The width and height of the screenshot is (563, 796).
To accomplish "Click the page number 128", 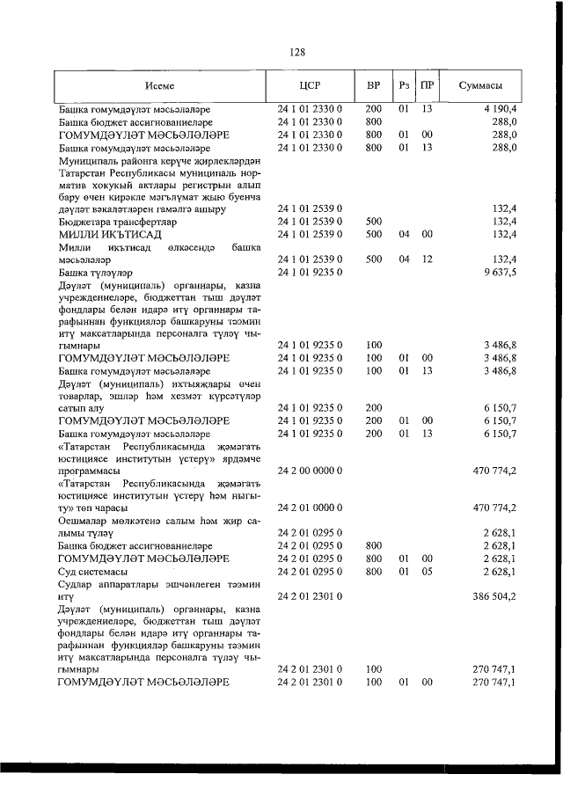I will (x=297, y=52).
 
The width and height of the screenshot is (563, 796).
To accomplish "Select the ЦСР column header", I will (x=309, y=86).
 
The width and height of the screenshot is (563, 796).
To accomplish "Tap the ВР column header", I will (x=373, y=86).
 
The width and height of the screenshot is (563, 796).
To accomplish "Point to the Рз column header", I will (x=403, y=86).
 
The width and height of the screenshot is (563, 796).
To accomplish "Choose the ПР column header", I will (x=427, y=86).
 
